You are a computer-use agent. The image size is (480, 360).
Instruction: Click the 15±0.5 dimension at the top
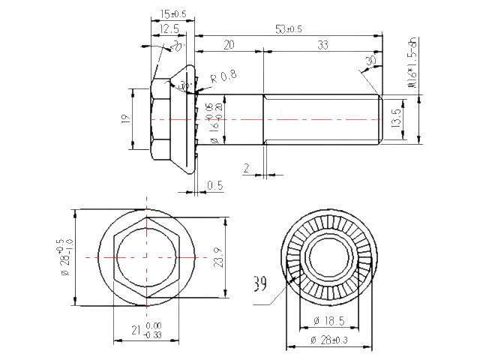point(173,13)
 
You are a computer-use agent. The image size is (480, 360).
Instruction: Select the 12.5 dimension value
point(169,28)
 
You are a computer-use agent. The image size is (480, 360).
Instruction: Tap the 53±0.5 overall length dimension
point(288,28)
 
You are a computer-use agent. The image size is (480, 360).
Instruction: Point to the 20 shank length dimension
point(228,45)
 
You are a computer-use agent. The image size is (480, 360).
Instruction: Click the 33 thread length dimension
point(322,45)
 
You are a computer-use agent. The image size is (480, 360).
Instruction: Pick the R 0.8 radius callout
point(223,75)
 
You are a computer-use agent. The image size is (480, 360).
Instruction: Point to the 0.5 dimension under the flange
point(214,184)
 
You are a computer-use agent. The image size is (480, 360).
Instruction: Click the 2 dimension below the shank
point(246,167)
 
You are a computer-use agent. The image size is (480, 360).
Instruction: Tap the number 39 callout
point(260,285)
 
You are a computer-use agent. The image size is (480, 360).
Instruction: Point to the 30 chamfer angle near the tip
point(370,61)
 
